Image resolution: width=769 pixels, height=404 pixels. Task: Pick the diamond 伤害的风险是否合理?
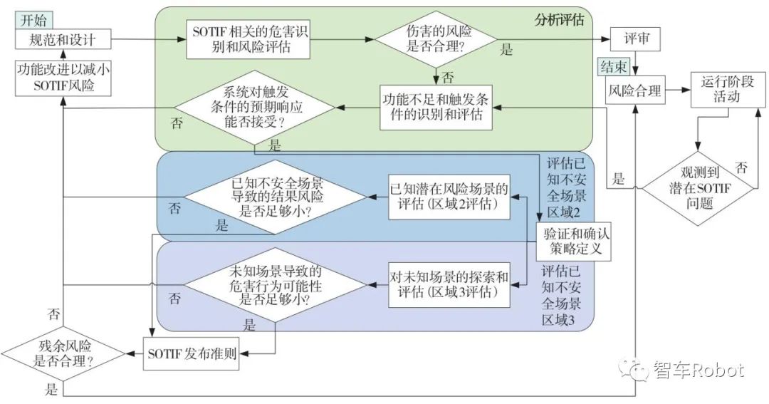(435, 40)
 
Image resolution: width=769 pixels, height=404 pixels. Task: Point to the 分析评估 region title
(559, 19)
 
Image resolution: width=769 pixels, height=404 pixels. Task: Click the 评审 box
(636, 38)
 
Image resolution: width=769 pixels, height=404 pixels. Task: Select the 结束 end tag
(614, 68)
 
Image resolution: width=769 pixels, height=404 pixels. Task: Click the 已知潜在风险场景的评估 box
(449, 197)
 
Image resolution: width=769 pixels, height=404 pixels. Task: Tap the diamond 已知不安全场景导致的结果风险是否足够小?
(273, 197)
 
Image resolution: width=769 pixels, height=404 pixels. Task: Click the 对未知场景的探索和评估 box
(449, 284)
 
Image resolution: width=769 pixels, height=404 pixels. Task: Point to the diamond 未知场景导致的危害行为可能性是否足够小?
(274, 286)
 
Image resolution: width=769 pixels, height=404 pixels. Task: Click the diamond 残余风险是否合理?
(63, 353)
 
